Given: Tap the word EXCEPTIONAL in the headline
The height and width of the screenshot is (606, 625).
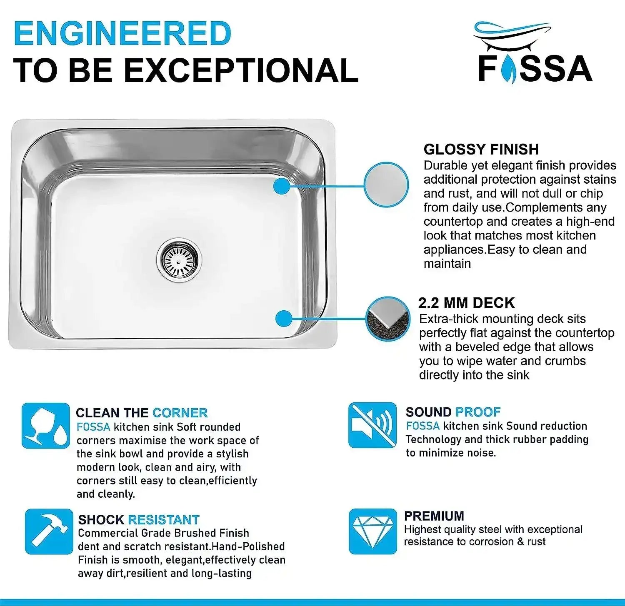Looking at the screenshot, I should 241,70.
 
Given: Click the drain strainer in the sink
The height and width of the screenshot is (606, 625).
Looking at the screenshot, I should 179,259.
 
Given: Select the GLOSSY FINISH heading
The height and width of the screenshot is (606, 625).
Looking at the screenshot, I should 481,149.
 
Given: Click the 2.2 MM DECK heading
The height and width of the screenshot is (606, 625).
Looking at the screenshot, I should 466,303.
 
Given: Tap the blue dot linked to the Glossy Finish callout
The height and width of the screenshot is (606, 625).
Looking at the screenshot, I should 282,185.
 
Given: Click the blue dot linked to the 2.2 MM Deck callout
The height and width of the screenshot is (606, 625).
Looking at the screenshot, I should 284,319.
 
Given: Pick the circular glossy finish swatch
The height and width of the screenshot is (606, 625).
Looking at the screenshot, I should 386,185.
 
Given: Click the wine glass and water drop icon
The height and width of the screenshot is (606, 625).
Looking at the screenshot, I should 46,425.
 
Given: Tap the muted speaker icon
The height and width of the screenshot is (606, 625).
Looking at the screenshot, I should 372,425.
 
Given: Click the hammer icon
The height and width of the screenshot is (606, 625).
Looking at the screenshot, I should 49,531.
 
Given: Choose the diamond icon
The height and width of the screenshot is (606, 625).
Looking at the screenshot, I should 372,531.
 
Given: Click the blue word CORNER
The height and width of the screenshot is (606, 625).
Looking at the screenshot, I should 180,413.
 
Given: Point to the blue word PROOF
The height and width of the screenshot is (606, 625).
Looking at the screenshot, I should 477,412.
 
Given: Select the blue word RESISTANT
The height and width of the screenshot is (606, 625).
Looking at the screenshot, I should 164,520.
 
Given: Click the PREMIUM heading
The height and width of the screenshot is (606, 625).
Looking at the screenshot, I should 434,516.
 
